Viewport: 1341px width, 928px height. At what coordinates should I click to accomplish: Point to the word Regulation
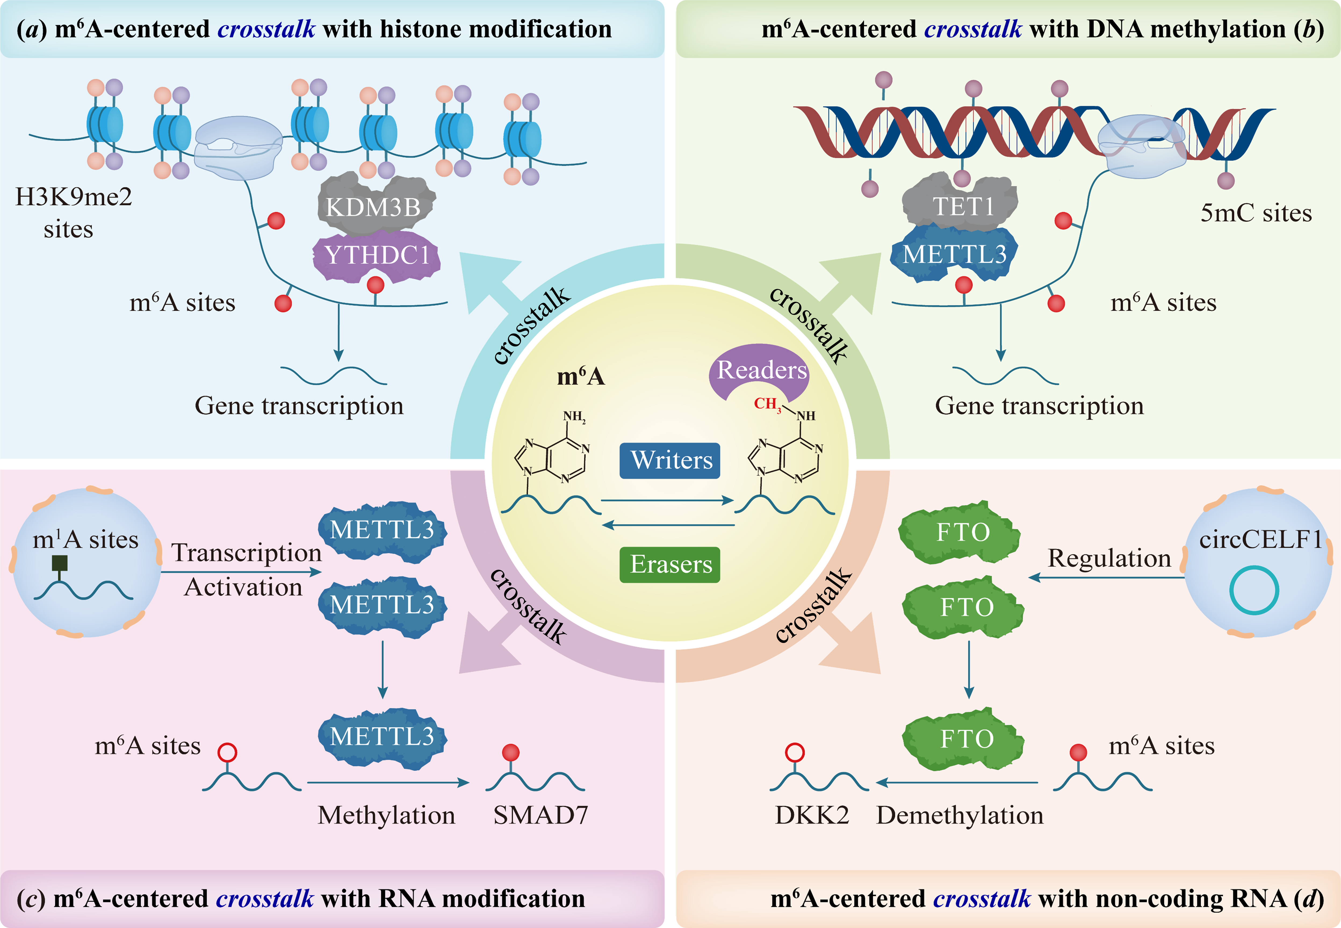(x=1109, y=558)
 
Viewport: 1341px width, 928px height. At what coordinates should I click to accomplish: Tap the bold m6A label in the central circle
(x=580, y=377)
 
